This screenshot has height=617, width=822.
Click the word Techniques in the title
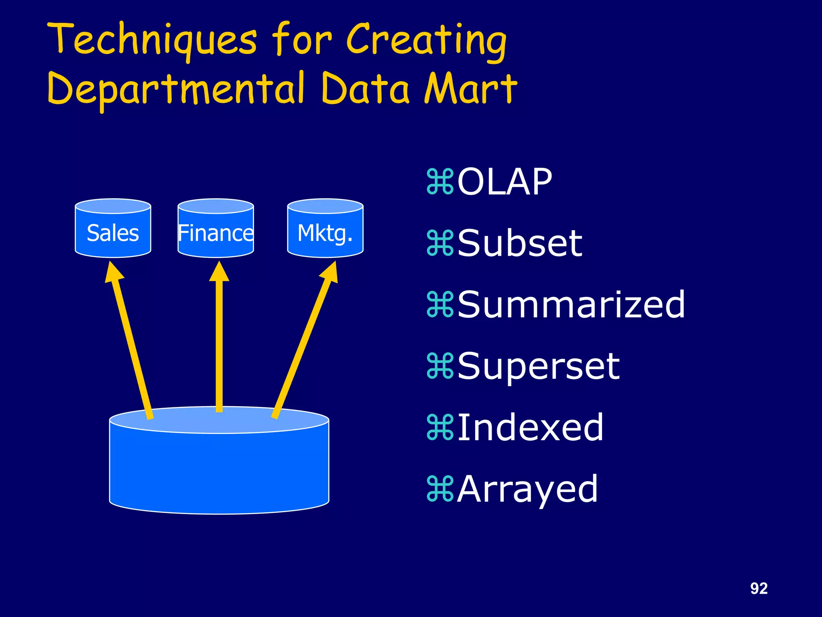point(152,40)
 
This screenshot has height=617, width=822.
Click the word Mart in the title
point(470,88)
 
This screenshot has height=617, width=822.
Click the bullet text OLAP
point(504,182)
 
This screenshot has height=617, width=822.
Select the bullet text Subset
point(519,243)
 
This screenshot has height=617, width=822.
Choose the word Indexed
point(530,427)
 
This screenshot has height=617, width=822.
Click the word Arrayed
point(527,489)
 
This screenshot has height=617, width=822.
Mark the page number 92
point(759,588)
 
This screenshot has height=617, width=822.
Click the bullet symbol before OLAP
point(440,182)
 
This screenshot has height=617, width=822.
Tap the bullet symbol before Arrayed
point(440,489)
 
